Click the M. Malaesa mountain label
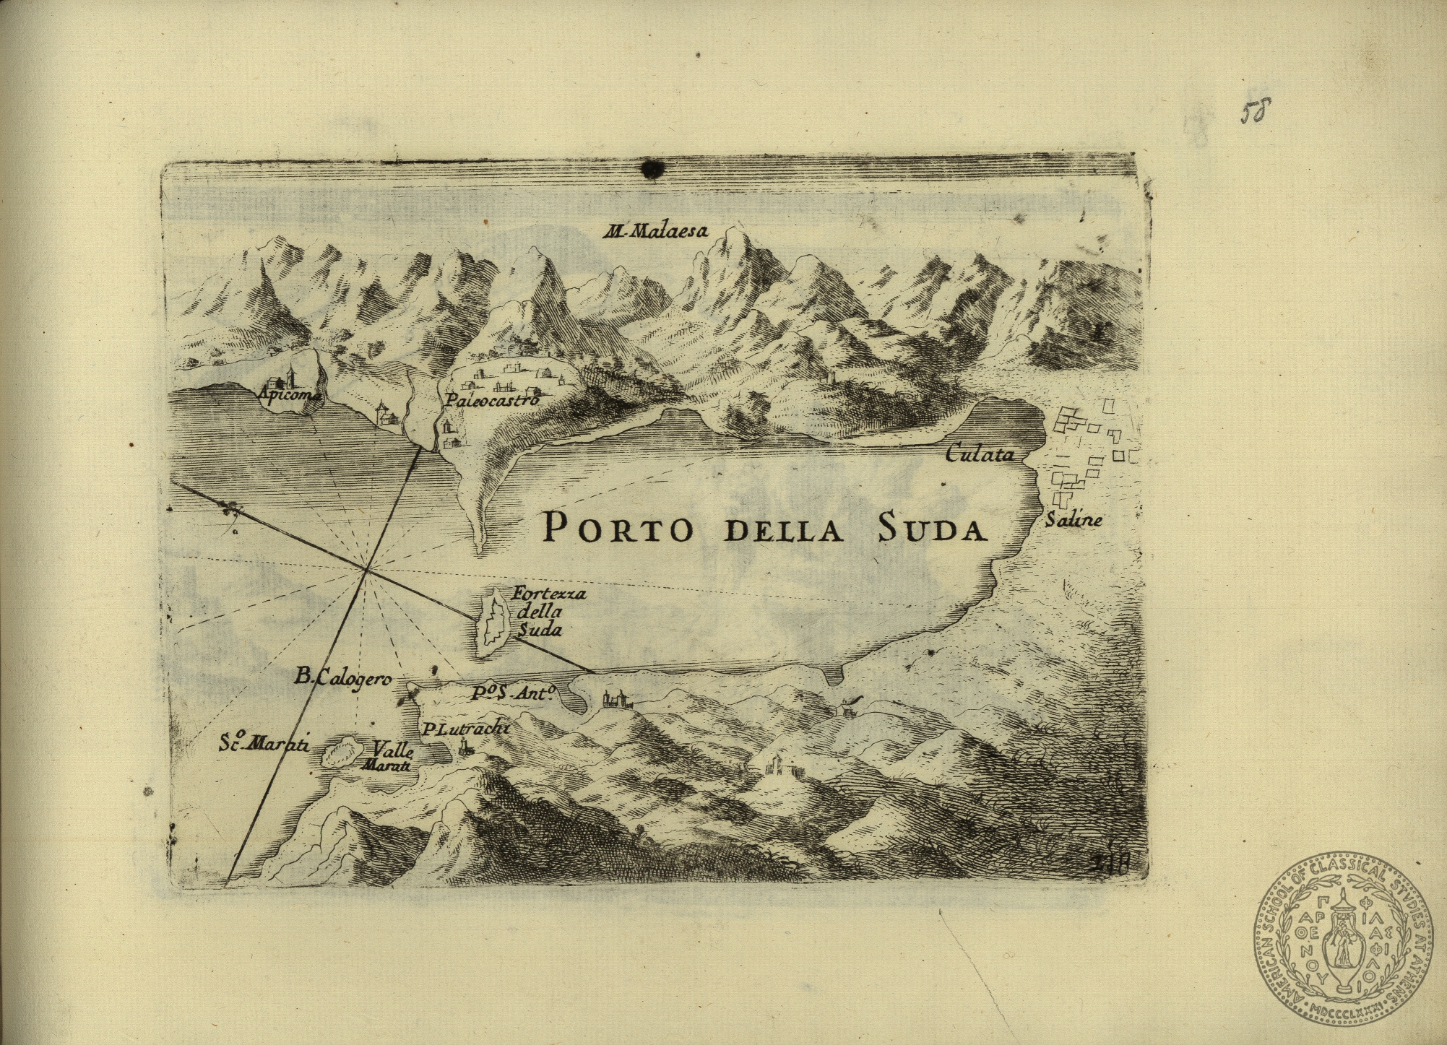(x=657, y=232)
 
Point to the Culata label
(x=980, y=454)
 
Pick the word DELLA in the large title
(x=782, y=531)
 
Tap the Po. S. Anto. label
(x=512, y=693)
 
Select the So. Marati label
(x=264, y=744)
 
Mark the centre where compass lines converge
(x=367, y=570)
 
